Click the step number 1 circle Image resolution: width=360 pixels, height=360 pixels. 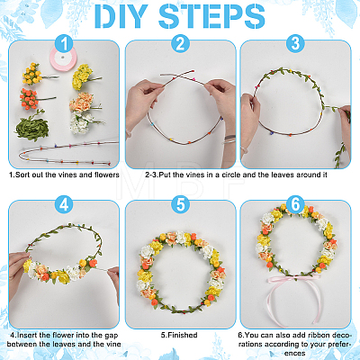[x=64, y=44]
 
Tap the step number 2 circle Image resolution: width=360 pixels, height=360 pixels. [x=180, y=44]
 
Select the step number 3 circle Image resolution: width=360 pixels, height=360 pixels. [x=295, y=44]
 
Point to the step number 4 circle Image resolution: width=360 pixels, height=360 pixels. [x=64, y=204]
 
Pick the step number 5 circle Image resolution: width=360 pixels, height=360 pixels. [x=180, y=204]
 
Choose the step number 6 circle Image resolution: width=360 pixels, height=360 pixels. [x=295, y=204]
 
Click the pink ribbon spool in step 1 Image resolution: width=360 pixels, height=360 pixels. [x=63, y=58]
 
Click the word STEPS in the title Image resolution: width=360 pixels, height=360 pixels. [x=211, y=16]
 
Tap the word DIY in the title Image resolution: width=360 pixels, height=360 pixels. [x=122, y=16]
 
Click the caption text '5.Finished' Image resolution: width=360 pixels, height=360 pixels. [x=179, y=335]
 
